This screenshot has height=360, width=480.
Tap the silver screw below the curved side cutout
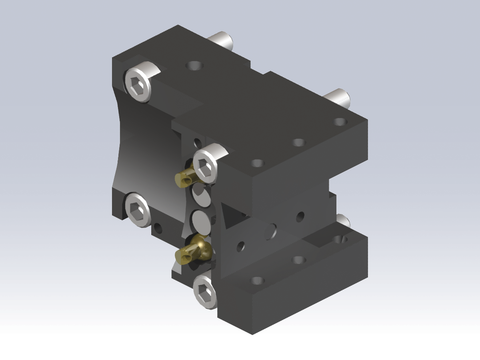click(137, 210)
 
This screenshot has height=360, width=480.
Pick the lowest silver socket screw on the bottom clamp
click(206, 290)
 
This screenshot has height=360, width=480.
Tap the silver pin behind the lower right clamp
click(343, 223)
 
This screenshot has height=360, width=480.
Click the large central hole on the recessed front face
click(272, 229)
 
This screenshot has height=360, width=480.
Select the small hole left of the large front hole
click(240, 243)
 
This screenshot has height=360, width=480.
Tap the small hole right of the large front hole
click(299, 214)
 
